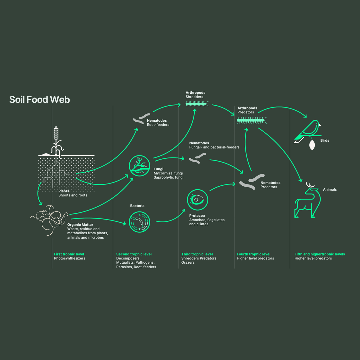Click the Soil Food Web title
[40, 100]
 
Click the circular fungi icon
[139, 166]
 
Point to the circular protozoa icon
[198, 200]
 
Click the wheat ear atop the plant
[56, 134]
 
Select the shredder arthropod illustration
[197, 104]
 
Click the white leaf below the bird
[312, 145]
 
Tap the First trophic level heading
[69, 254]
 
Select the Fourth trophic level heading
[254, 254]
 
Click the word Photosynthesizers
[70, 259]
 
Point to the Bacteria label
[137, 206]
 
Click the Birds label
[325, 141]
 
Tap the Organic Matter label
[80, 225]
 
